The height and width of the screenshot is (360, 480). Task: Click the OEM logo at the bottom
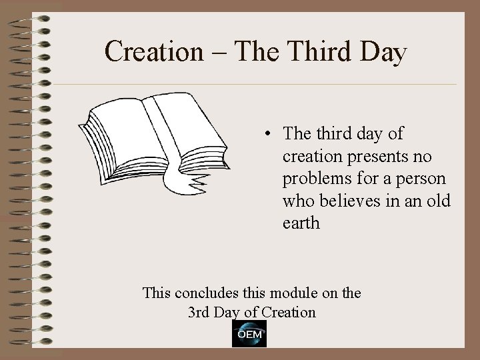point(249,334)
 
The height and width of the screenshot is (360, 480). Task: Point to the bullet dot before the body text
point(267,134)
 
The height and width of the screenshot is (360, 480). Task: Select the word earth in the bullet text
point(301,223)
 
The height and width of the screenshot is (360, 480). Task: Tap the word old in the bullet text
point(436,201)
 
